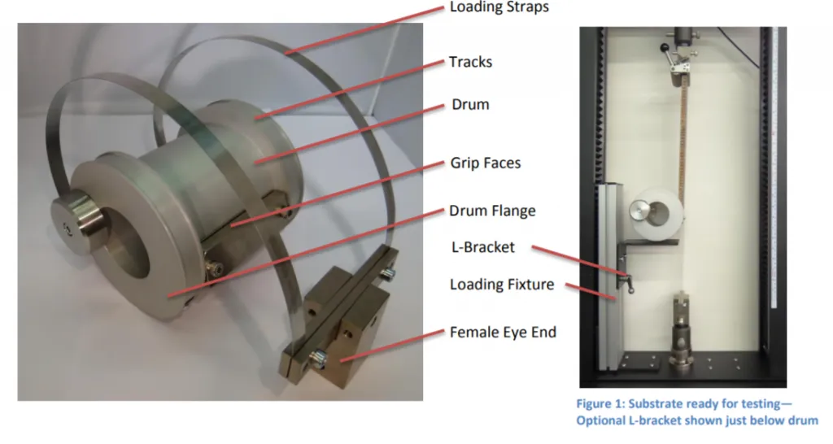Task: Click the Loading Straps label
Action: [x=499, y=8]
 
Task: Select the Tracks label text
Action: [x=470, y=62]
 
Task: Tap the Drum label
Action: [x=469, y=105]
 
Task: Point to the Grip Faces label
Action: [x=485, y=163]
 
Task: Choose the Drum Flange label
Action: [x=492, y=211]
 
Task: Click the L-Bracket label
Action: [x=482, y=246]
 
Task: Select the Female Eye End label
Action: [x=503, y=332]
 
